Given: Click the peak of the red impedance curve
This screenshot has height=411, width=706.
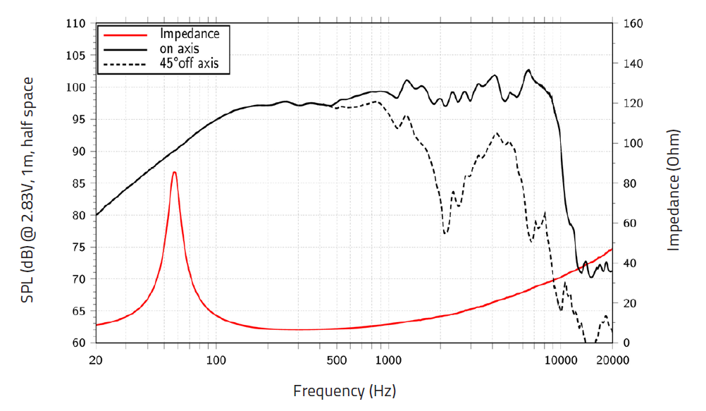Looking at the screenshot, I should pos(174,172).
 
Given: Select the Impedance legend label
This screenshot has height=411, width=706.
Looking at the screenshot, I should pos(190,33).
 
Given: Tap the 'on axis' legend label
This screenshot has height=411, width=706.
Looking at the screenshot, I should pos(180,49).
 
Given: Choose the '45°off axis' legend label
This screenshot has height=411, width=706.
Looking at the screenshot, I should pos(190,63).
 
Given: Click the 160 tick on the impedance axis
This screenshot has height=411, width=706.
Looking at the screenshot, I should pos(632,24).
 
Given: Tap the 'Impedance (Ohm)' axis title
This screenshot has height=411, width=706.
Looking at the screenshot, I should pos(674,190).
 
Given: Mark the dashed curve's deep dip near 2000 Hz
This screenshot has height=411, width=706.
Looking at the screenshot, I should pos(445,233).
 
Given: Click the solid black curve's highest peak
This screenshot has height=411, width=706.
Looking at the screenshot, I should pos(528,70).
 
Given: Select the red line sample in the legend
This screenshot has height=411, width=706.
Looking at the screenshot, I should pos(125,34).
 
